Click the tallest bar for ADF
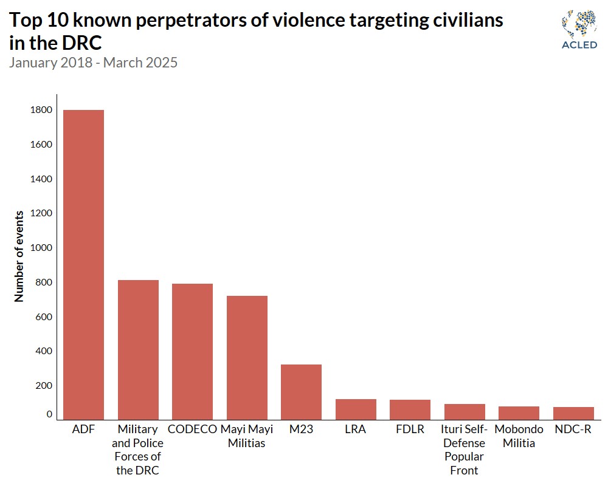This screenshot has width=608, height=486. [83, 264]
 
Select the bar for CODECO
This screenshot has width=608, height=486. [192, 351]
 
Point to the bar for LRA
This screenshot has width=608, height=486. [356, 409]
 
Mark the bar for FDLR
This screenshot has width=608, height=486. [410, 409]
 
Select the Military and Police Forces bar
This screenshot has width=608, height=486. [138, 349]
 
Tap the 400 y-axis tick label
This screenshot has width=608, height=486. [44, 351]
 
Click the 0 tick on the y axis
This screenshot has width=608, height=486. [49, 414]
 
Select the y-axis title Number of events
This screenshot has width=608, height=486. [19, 256]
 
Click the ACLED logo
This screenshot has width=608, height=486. [579, 29]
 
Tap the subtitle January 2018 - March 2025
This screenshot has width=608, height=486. [93, 63]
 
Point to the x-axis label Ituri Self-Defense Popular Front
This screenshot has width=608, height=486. [465, 450]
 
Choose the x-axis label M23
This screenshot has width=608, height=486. [301, 429]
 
